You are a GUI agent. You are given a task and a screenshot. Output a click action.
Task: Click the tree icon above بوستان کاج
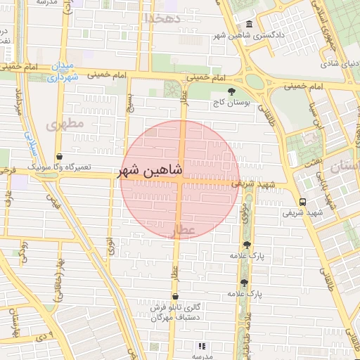point(231,91)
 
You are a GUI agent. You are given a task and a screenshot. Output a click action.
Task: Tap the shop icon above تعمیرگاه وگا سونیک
point(58,157)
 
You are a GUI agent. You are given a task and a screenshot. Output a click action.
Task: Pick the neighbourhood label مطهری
point(65,123)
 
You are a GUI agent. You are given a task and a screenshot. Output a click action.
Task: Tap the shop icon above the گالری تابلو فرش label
point(175,297)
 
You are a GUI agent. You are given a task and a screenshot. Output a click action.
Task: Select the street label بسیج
point(129,102)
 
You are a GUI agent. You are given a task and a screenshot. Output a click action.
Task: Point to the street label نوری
point(110,246)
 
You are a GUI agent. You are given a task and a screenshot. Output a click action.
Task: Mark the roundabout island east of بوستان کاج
point(255,82)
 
